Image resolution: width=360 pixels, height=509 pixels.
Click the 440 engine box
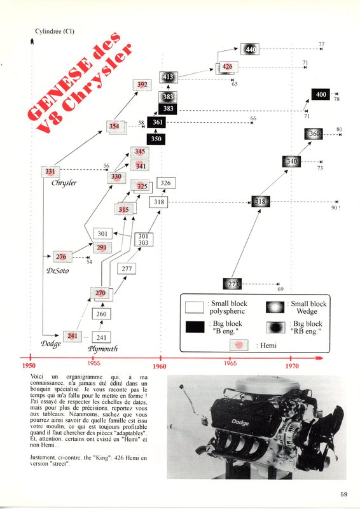(x=250, y=50)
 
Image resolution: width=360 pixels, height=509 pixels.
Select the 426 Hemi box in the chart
(x=227, y=67)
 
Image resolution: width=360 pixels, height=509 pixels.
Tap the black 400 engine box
(x=321, y=95)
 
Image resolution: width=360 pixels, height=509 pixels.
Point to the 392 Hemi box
(x=142, y=84)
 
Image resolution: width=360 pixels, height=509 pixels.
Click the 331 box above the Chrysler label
(x=50, y=171)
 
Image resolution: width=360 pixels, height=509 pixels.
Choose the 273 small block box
(x=232, y=284)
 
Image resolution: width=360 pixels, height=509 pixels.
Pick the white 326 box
(x=165, y=183)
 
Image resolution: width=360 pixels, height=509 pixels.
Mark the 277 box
(x=127, y=269)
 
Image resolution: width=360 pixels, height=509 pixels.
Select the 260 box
(x=102, y=314)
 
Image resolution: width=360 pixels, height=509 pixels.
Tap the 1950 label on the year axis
(x=29, y=366)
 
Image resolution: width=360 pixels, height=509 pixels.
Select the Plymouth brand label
(x=102, y=349)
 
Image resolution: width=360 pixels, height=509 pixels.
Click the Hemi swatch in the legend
(x=239, y=344)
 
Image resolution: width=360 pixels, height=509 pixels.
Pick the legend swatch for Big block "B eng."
(x=194, y=327)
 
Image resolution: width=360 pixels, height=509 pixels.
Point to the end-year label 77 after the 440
(x=322, y=44)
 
